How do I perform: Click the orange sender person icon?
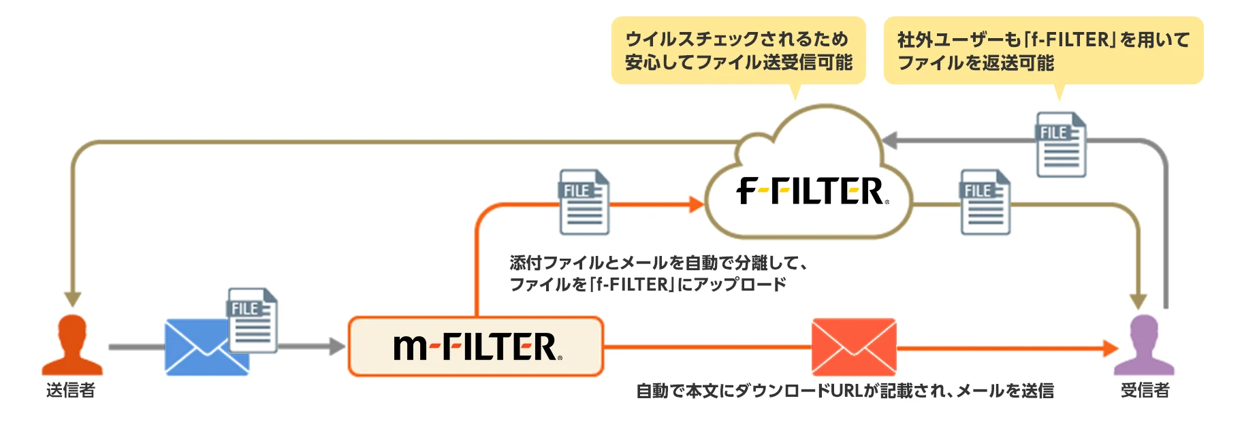72,345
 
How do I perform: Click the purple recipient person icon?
1144,345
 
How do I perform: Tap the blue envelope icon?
197,347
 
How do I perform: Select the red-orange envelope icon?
854,346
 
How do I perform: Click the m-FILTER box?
475,346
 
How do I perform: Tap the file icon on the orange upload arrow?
584,202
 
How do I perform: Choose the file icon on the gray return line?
1061,144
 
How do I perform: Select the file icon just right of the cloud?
985,202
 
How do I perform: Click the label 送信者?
71,390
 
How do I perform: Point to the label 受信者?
1145,390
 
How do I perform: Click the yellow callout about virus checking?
738,50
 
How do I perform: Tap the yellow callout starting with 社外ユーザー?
1042,50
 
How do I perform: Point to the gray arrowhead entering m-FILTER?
338,346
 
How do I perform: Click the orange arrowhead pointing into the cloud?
696,204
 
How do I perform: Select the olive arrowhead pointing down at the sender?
73,299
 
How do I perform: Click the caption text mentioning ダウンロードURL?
844,391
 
